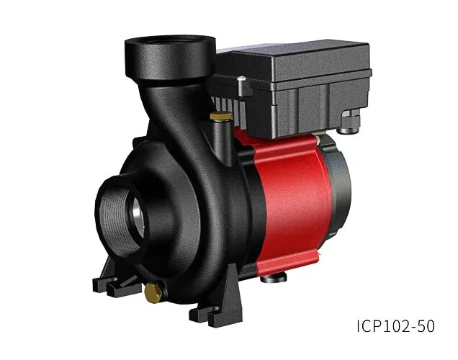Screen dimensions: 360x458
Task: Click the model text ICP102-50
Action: pos(395,326)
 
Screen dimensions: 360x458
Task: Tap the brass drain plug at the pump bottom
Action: pos(153,292)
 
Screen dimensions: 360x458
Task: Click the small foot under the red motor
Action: pos(277,276)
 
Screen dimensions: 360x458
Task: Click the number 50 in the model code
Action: pos(425,326)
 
